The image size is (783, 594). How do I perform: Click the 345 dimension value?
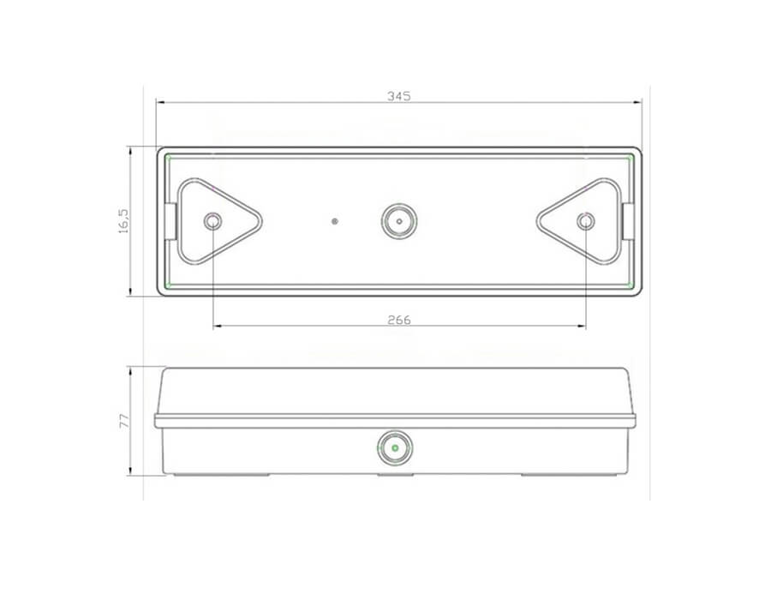(x=399, y=96)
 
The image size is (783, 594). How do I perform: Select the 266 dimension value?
(x=399, y=320)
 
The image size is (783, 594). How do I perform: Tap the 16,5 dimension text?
(x=123, y=221)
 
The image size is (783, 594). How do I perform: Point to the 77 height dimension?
(x=124, y=421)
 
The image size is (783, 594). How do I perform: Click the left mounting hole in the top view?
(x=212, y=221)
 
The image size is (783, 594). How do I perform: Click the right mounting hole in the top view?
(x=585, y=221)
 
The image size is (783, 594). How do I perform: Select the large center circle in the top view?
(x=399, y=221)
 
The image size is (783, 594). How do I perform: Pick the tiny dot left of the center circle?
(x=335, y=221)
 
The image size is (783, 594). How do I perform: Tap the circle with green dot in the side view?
(x=395, y=447)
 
